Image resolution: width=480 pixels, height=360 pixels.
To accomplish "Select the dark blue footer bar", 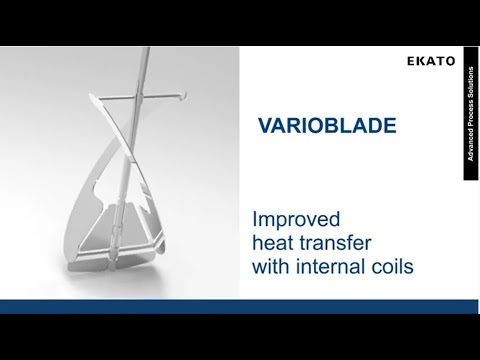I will (240, 306).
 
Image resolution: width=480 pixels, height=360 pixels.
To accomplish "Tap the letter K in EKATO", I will (418, 62).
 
